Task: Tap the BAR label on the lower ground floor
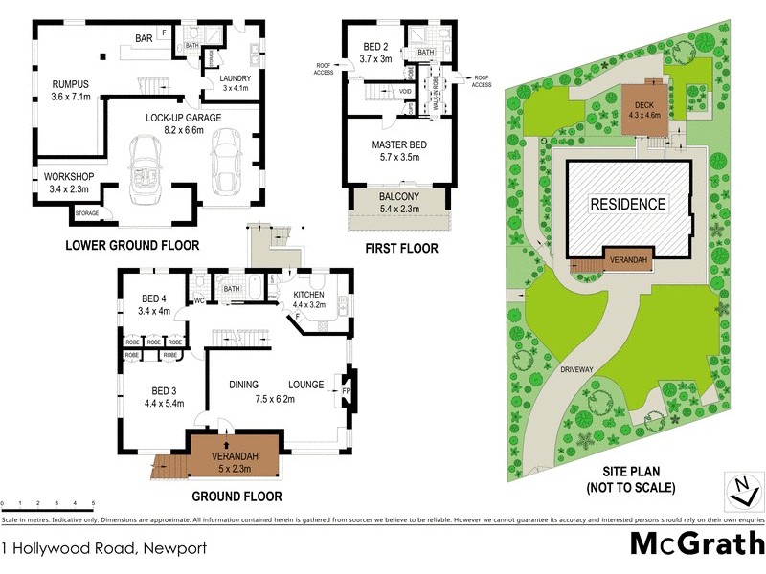[x=144, y=38]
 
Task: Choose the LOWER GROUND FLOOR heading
[x=132, y=246]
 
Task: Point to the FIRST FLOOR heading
[x=402, y=249]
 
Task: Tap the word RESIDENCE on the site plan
[x=627, y=204]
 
